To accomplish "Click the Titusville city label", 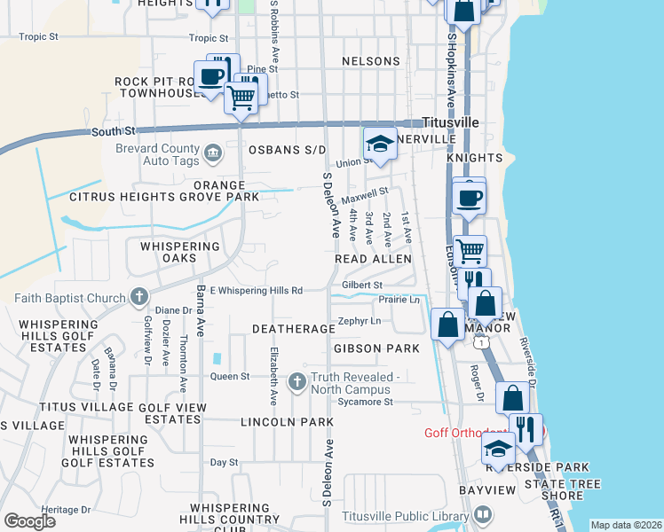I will [x=450, y=121].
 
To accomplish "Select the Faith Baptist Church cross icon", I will [x=138, y=296].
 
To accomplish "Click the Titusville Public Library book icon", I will [x=483, y=513].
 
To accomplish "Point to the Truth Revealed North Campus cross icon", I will [x=296, y=379].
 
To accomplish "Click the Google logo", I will [x=29, y=521].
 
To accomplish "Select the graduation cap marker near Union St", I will [x=380, y=144].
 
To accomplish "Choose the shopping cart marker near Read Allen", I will [x=470, y=251].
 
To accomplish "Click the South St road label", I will [x=111, y=131].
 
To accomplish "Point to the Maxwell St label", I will [x=366, y=193].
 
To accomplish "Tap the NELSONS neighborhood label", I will [x=371, y=61].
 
